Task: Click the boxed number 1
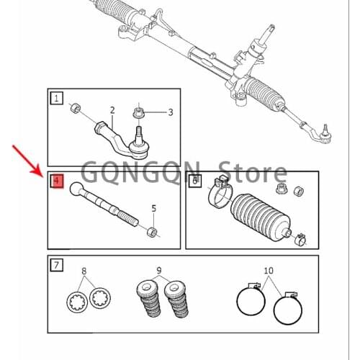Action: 56,97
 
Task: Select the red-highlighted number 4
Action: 56,181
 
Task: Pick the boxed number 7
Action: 56,265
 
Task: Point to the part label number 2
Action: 112,110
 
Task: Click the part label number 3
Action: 171,112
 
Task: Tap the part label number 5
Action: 153,209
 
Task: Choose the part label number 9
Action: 159,271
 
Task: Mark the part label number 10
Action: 269,271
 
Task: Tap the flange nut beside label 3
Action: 139,112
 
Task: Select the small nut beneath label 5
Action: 151,231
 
